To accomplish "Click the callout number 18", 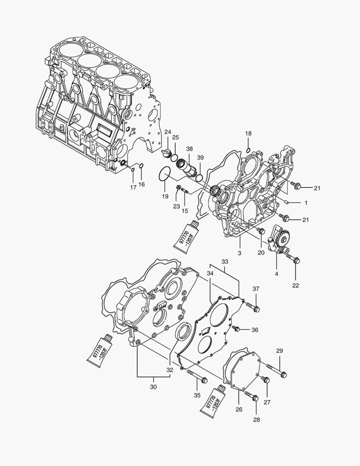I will tap(248, 133).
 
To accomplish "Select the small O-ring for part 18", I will tap(248, 150).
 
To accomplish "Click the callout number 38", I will tap(189, 148).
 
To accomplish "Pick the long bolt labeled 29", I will tap(276, 370).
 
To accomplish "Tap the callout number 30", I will tap(153, 387).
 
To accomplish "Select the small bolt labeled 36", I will tap(235, 328).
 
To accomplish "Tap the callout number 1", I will tap(306, 202).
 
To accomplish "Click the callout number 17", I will tap(133, 187).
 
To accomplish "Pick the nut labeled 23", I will tap(178, 187).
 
